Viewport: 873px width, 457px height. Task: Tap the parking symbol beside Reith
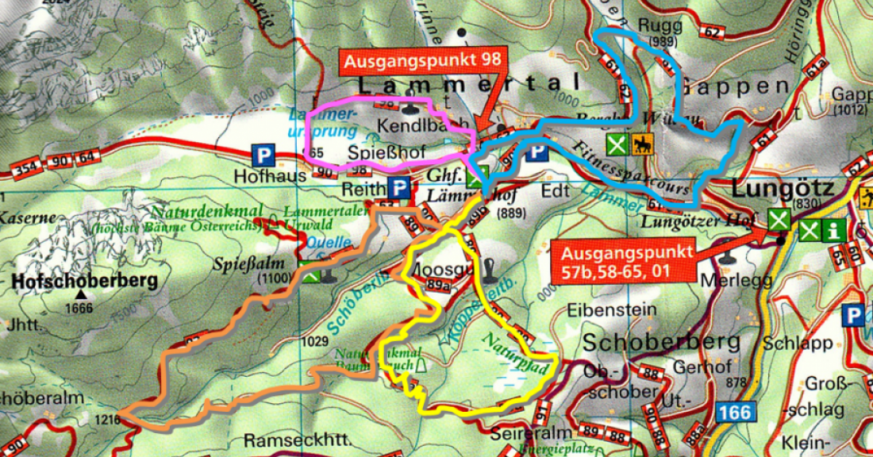(399, 190)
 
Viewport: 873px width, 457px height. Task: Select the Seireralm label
(520, 436)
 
